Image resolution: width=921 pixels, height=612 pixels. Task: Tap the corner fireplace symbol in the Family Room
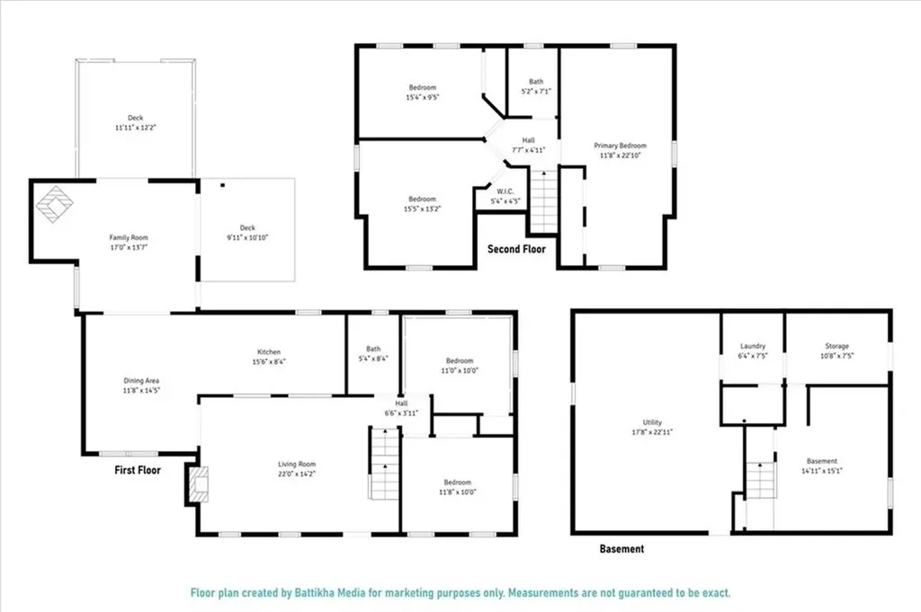tap(54, 204)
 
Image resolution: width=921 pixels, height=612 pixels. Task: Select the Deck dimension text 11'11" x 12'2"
tap(135, 128)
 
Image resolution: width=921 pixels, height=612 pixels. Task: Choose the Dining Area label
tap(141, 380)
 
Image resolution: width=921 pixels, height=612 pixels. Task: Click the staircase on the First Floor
tap(384, 464)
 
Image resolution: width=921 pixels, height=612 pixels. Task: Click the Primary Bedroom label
tap(620, 145)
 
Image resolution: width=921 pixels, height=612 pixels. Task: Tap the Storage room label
tap(837, 346)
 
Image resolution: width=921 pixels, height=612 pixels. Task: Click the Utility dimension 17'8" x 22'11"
tap(652, 431)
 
